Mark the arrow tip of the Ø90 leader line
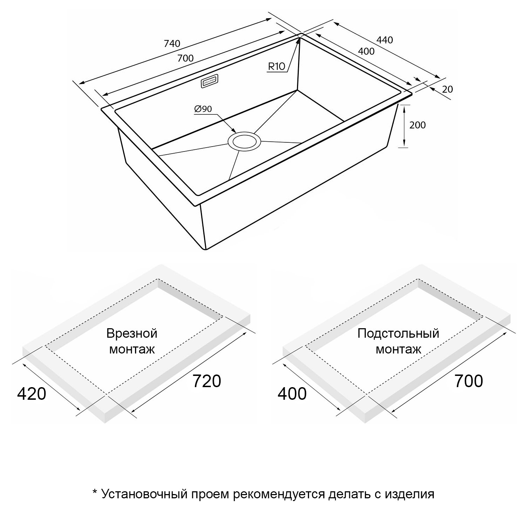click(x=236, y=132)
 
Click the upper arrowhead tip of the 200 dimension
click(x=404, y=105)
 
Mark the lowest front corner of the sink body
click(x=205, y=250)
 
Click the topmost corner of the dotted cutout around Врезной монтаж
click(x=158, y=279)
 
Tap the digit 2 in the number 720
click(x=207, y=381)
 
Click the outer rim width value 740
click(x=172, y=43)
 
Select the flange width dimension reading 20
click(x=447, y=89)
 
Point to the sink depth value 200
click(x=417, y=125)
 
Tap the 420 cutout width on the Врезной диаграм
click(x=32, y=394)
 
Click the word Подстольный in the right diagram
click(x=398, y=333)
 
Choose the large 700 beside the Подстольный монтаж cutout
click(x=469, y=381)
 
